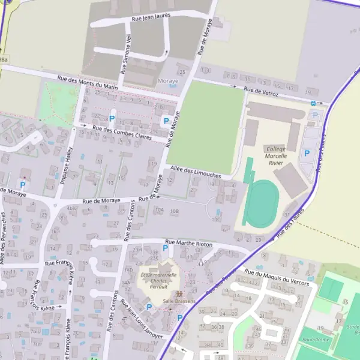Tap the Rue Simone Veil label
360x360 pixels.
pyautogui.click(x=126, y=53)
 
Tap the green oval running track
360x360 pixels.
pyautogui.click(x=262, y=203)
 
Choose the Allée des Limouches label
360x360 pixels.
pyautogui.click(x=196, y=172)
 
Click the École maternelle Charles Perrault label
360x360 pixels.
pyautogui.click(x=158, y=281)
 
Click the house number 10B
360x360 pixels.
pyautogui.click(x=175, y=211)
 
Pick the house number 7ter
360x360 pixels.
pyautogui.click(x=37, y=343)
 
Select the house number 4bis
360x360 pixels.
pyautogui.click(x=72, y=209)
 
